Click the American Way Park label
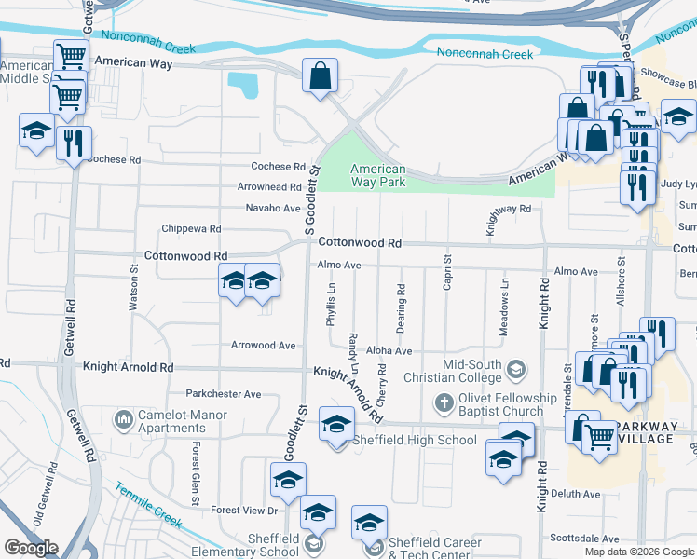[x=377, y=176]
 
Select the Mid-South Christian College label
[x=444, y=371]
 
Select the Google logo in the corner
[x=31, y=548]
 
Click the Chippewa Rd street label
[x=191, y=228]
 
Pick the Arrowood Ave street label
[x=264, y=346]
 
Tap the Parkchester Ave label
[x=224, y=394]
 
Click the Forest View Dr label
[x=245, y=511]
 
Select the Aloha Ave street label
[x=390, y=351]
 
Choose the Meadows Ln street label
[x=504, y=319]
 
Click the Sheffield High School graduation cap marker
[x=335, y=425]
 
